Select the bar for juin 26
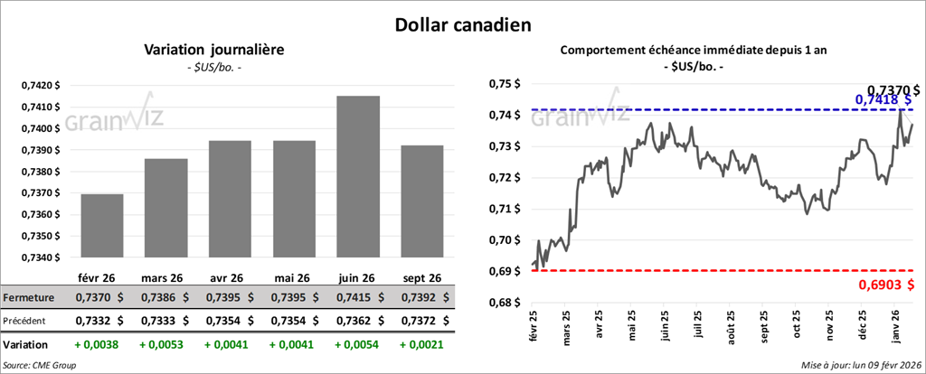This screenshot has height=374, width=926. click(x=357, y=176)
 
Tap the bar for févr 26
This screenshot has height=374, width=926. click(x=102, y=226)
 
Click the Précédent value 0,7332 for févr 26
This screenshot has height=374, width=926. click(x=103, y=320)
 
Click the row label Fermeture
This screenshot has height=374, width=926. click(x=30, y=297)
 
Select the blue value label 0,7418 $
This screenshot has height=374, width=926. click(x=883, y=99)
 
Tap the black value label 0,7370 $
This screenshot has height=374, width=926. click(x=893, y=89)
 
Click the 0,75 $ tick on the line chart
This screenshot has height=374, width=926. click(x=503, y=84)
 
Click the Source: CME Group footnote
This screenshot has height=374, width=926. click(x=39, y=365)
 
